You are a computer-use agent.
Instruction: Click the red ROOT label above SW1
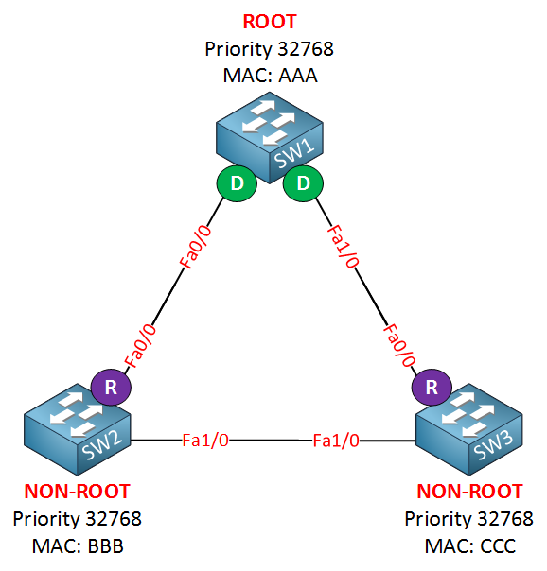[x=270, y=22]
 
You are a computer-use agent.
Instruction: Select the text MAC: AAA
[x=270, y=76]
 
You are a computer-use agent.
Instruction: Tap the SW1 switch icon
[x=270, y=138]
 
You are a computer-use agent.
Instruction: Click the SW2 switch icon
[x=78, y=429]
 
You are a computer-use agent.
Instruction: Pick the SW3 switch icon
[x=469, y=429]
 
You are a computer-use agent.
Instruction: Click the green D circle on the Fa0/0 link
[x=237, y=183]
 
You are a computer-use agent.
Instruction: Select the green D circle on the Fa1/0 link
[x=303, y=183]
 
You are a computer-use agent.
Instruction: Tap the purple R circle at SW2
[x=111, y=387]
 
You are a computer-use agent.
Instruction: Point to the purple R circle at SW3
[x=432, y=387]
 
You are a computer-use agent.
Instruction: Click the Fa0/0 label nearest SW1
[x=196, y=247]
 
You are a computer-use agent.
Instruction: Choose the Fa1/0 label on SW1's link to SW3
[x=344, y=246]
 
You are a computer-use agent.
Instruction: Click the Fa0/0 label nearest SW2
[x=140, y=346]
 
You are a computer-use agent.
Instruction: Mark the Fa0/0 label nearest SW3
[x=399, y=345]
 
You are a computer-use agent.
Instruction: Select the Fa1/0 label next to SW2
[x=205, y=441]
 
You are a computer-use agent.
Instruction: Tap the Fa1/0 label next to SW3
[x=336, y=441]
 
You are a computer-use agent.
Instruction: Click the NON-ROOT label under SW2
[x=78, y=492]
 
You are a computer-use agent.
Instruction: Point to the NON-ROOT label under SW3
[x=469, y=492]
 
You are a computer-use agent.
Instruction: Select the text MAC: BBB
[x=78, y=546]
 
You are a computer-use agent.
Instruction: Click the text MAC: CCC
[x=470, y=546]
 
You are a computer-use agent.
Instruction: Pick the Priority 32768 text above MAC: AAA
[x=270, y=49]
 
